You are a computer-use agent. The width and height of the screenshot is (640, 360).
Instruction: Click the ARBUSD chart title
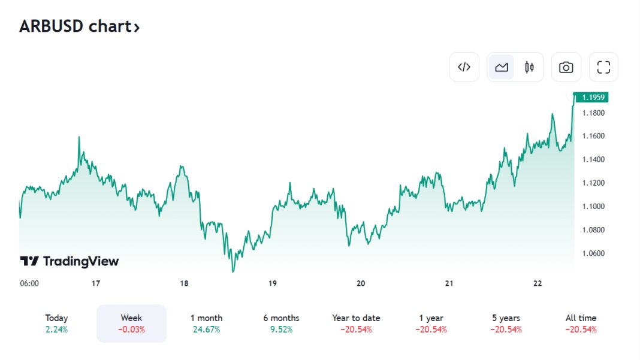[x=79, y=26]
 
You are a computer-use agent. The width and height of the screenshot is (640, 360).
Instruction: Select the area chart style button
[x=502, y=67]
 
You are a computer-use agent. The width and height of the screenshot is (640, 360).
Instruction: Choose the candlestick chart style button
[x=529, y=67]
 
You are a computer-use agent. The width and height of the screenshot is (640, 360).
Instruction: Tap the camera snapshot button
[x=566, y=67]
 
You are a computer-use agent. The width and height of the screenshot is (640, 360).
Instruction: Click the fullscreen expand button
[x=603, y=67]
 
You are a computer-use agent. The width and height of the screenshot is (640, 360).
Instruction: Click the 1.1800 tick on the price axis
[x=593, y=113]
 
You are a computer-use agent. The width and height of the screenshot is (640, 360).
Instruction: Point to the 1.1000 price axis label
[x=593, y=207]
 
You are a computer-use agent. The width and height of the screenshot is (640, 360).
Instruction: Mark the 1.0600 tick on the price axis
[x=593, y=253]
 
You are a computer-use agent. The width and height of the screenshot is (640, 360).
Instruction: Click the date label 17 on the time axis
[x=95, y=283]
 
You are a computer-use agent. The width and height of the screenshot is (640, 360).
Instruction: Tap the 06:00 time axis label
[x=29, y=283]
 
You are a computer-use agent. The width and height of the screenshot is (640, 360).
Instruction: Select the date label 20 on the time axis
[x=361, y=283]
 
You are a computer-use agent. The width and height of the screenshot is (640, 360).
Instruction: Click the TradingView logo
[x=70, y=261]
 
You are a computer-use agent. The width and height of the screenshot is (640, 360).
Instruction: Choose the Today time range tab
[x=56, y=323]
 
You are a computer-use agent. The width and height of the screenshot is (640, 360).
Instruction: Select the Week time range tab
[x=131, y=323]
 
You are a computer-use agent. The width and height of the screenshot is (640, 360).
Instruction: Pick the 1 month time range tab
[x=206, y=323]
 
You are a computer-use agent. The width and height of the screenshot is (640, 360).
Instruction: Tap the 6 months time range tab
[x=281, y=323]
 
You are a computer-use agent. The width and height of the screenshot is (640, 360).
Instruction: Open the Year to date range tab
[x=356, y=323]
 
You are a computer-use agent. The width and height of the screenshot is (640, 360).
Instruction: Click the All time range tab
[x=581, y=323]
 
